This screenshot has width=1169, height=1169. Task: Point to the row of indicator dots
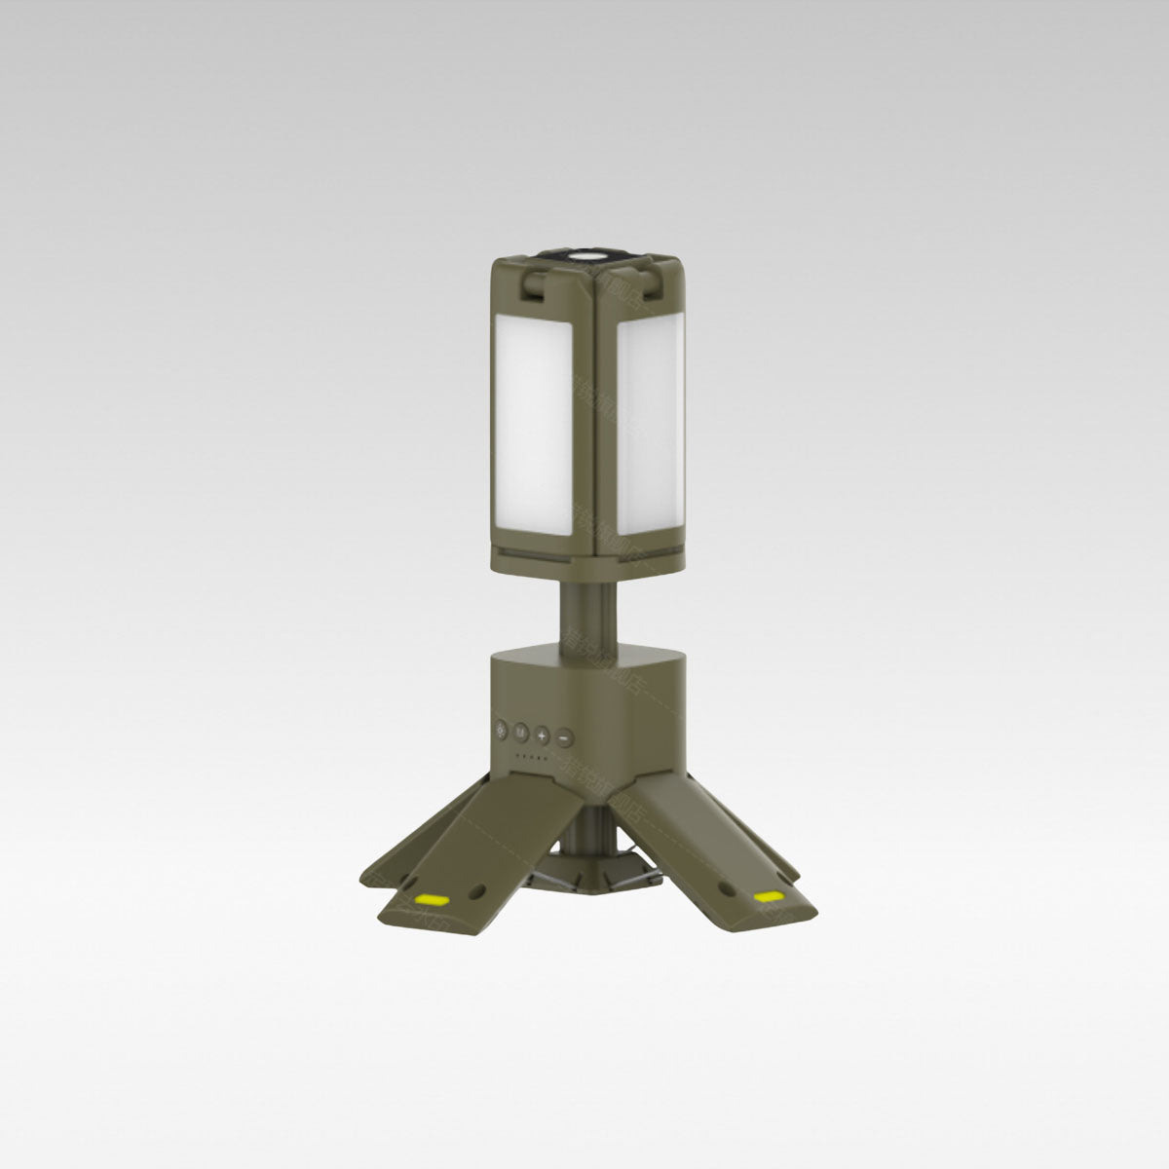[530, 755]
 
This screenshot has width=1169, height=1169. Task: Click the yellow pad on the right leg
[766, 894]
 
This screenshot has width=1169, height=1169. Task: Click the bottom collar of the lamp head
[584, 562]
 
